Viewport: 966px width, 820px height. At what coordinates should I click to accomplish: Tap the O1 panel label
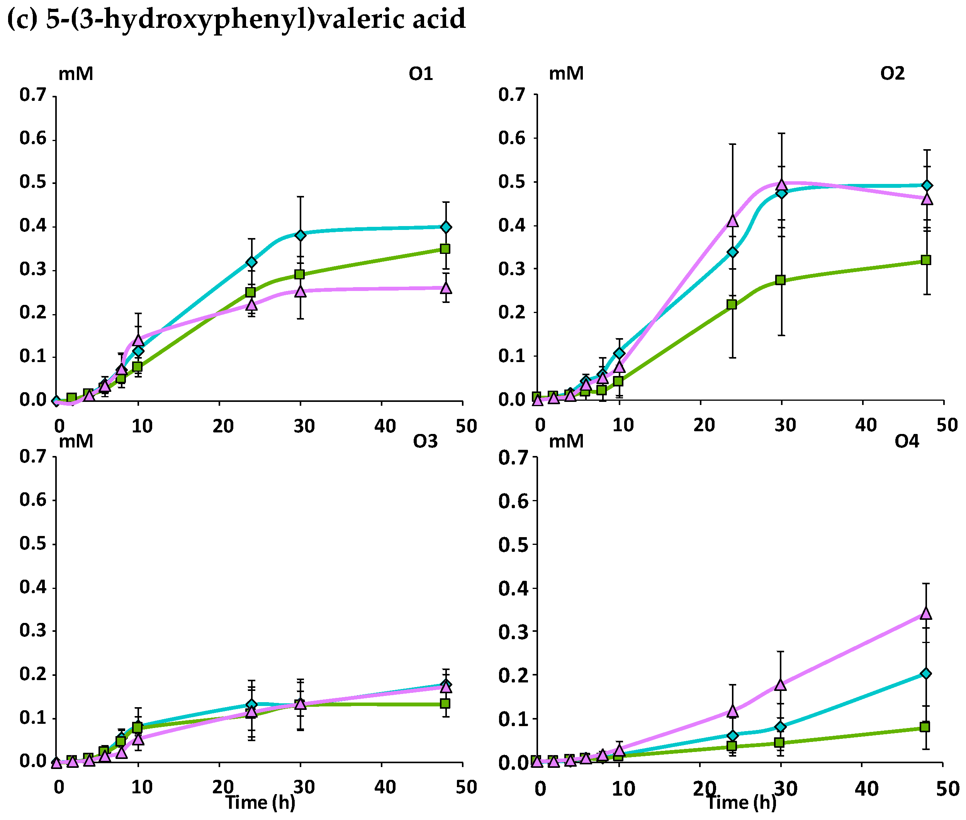(x=421, y=74)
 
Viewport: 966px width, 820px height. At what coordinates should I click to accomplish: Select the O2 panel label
(x=892, y=73)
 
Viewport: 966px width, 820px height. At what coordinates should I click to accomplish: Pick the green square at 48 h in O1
(x=445, y=249)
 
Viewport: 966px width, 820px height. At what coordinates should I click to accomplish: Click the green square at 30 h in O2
(x=780, y=280)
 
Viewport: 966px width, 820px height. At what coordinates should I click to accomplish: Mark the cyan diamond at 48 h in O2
(x=927, y=185)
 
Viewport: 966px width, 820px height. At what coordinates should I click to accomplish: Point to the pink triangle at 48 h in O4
(x=925, y=613)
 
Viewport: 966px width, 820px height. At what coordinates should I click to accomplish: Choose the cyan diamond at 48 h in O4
(x=925, y=674)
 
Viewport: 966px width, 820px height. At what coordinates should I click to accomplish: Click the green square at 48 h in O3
(x=445, y=703)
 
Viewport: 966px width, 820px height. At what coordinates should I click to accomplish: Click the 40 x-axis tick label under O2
(x=866, y=425)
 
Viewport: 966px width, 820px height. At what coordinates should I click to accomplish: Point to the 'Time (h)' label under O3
(x=260, y=802)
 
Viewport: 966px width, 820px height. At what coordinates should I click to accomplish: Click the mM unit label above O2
(x=566, y=73)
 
